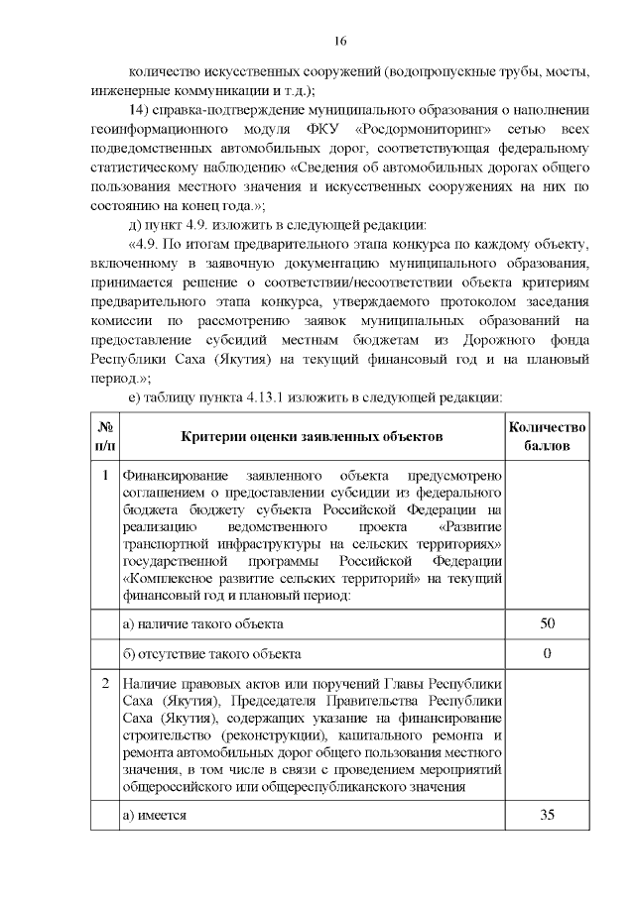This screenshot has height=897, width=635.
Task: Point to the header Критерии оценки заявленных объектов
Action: [312, 437]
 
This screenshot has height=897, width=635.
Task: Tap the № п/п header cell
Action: [104, 437]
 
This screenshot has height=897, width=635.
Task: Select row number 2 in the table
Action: [104, 685]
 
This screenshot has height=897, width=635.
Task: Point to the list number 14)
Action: [142, 109]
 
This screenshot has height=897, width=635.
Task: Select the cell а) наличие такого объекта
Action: [202, 624]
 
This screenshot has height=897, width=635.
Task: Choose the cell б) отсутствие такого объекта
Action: [210, 654]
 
